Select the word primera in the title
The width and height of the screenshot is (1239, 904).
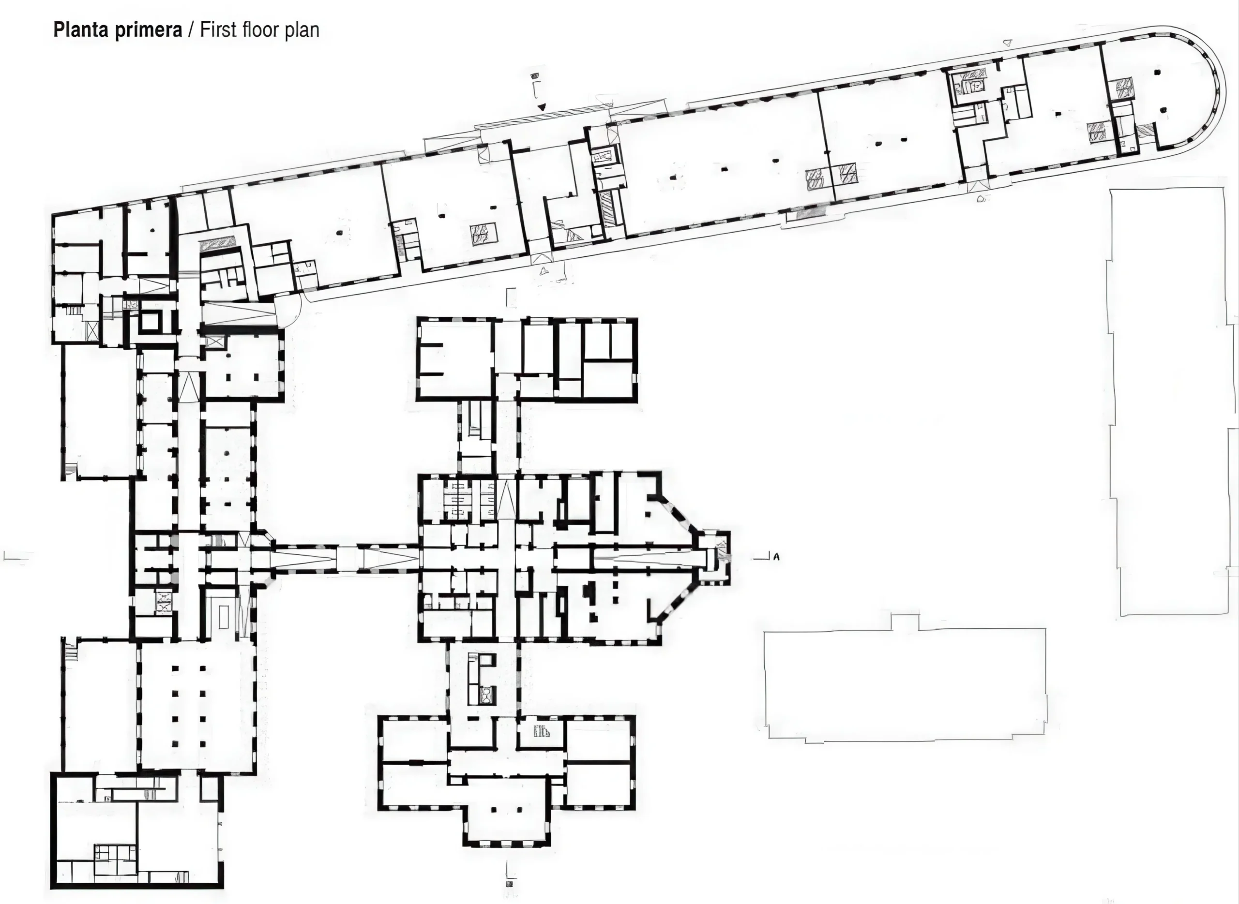point(149,30)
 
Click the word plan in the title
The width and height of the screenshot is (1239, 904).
point(302,30)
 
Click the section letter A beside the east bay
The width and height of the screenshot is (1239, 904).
point(776,557)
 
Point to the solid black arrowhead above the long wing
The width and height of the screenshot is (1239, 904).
point(542,107)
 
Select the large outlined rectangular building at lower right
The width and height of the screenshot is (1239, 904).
point(905,678)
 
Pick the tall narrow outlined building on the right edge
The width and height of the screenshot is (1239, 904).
point(1172,402)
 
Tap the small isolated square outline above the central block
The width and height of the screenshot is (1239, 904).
point(512,297)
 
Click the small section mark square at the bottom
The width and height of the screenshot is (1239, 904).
point(510,884)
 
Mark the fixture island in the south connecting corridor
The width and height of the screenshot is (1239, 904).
point(481,679)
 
